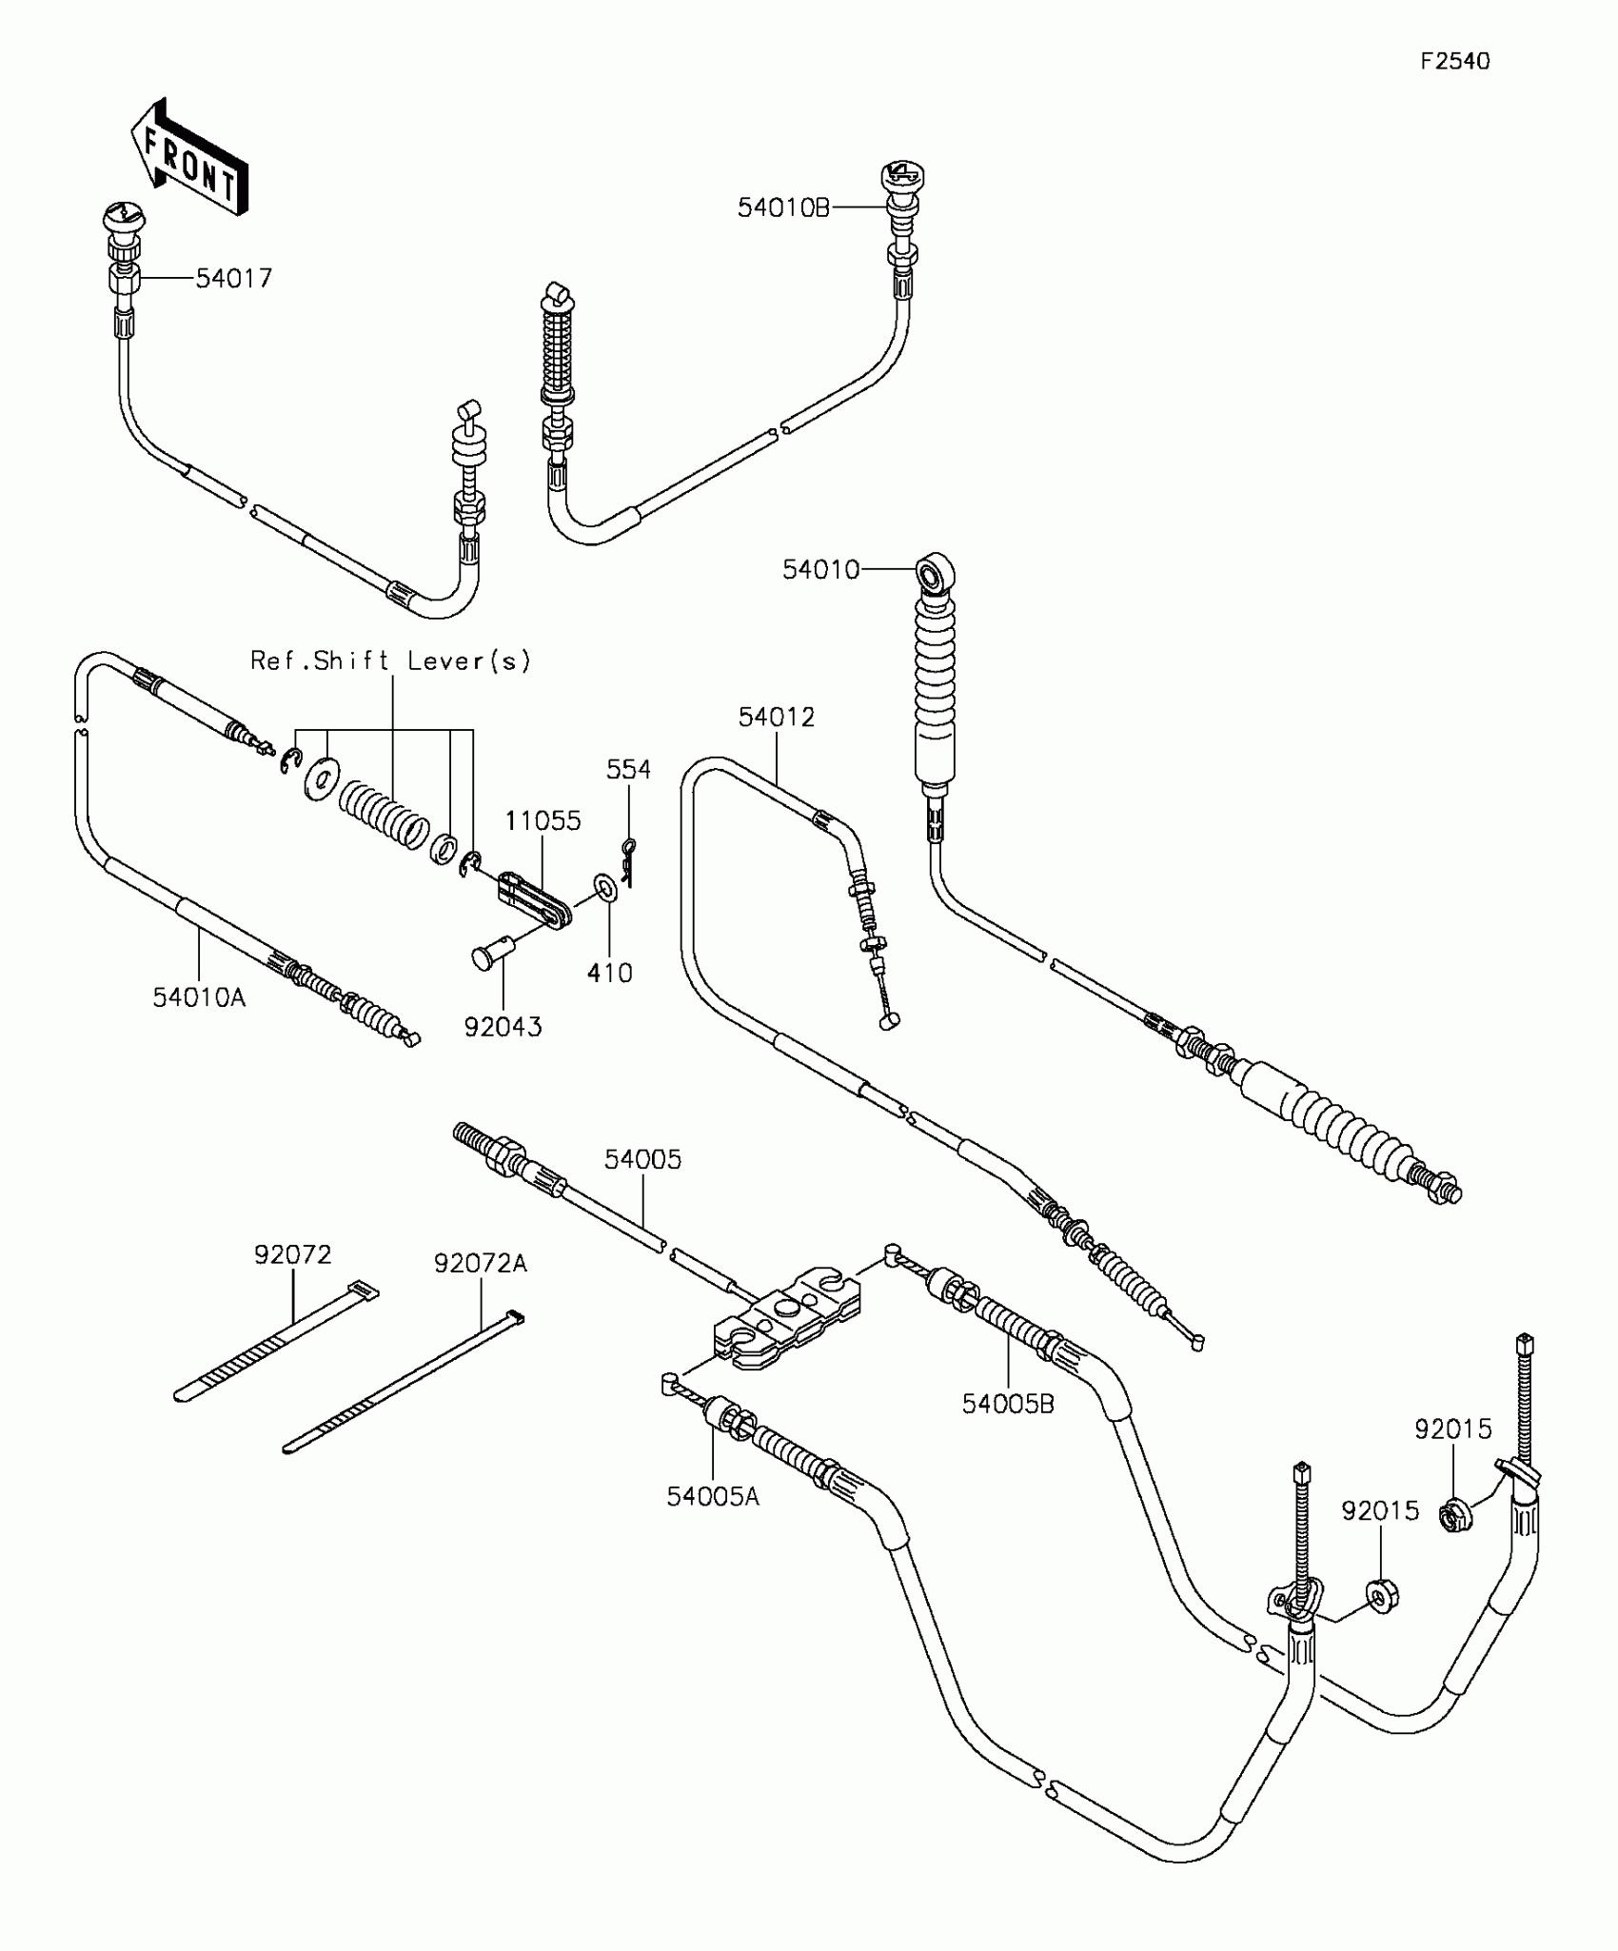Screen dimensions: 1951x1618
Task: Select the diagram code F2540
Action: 1454,61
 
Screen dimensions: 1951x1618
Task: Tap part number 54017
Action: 234,278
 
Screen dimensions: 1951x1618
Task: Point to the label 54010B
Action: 783,207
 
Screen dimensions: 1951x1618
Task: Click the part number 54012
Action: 777,718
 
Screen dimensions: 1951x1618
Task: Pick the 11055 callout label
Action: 543,820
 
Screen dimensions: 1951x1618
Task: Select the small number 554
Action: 629,769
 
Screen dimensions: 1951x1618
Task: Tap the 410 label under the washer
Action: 610,973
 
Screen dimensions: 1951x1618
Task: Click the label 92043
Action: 503,1027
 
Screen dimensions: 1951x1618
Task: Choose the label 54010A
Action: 199,997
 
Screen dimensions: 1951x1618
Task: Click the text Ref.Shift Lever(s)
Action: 390,660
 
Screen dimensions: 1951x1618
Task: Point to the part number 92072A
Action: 480,1263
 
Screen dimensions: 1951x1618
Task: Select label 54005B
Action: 1008,1404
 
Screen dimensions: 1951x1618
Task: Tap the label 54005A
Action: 713,1496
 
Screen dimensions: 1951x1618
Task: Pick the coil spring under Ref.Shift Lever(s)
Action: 383,811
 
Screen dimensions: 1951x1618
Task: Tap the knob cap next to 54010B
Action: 899,176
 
